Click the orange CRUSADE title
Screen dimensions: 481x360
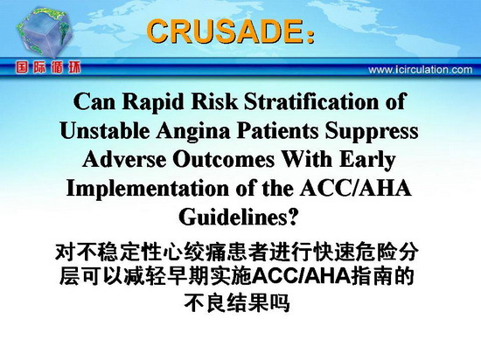pos(230,31)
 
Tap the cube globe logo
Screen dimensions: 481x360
pos(45,32)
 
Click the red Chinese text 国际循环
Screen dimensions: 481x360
pos(48,67)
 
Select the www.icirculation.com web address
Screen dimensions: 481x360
pos(421,70)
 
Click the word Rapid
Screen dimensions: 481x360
pos(153,101)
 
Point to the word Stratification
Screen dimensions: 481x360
pos(311,101)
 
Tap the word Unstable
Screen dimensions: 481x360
pos(105,130)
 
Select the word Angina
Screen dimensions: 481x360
pos(193,131)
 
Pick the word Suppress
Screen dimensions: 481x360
pos(372,131)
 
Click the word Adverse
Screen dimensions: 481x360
pos(124,159)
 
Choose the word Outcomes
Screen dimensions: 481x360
pos(223,159)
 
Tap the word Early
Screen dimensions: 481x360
pos(367,160)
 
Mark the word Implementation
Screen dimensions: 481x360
pos(147,189)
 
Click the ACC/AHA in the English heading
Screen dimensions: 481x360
pos(355,188)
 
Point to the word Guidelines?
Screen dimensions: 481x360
pos(239,217)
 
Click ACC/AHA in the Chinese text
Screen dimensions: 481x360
pos(303,276)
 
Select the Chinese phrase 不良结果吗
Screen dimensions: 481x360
pos(237,302)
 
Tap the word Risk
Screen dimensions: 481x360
pos(214,101)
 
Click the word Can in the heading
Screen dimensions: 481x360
pos(94,101)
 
